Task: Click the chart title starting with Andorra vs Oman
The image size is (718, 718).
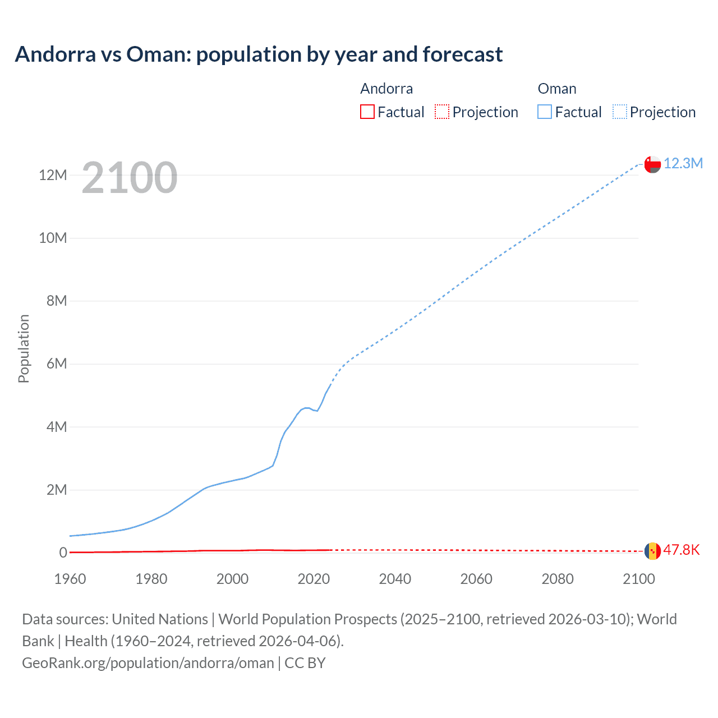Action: point(259,54)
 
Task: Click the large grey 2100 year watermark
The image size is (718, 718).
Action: point(130,178)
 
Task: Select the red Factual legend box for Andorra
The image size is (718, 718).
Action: point(367,112)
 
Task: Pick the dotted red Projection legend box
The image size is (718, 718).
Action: point(442,112)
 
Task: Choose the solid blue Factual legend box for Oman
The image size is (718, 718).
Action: point(544,112)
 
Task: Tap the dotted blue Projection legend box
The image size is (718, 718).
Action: point(619,112)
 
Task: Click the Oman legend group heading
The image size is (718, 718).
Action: point(556,89)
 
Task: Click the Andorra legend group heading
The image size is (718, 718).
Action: point(386,89)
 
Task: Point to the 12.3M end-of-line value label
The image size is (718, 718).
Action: point(683,163)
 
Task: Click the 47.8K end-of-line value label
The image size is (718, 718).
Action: point(681,550)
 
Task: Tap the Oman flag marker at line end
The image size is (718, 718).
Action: point(652,164)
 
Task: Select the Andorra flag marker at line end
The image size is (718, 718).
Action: point(652,551)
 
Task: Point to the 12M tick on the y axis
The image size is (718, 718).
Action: point(53,175)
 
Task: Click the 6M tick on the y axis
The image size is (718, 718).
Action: point(56,364)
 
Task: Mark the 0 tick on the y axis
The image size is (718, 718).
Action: point(63,553)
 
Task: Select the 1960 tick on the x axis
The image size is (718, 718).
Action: point(70,579)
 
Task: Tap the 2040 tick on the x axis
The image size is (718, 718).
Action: point(395,579)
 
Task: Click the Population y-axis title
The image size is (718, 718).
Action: point(24,348)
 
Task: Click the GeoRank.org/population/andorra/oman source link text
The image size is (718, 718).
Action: point(148,663)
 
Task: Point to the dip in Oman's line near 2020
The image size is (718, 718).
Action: point(317,411)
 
